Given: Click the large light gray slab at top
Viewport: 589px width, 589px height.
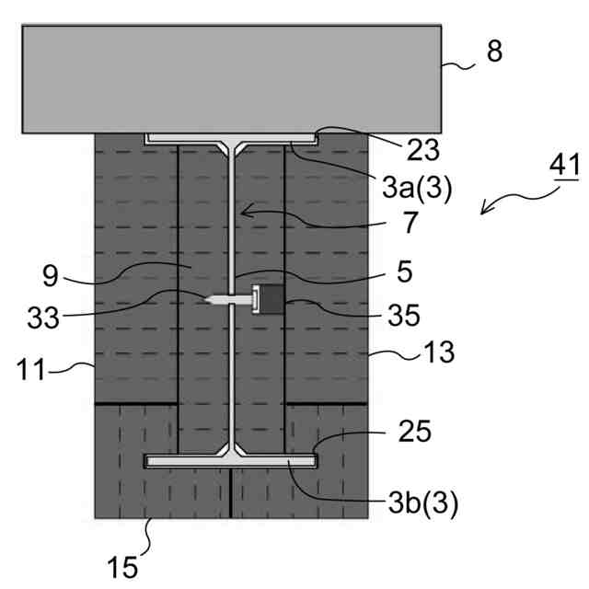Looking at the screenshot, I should pos(230,77).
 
